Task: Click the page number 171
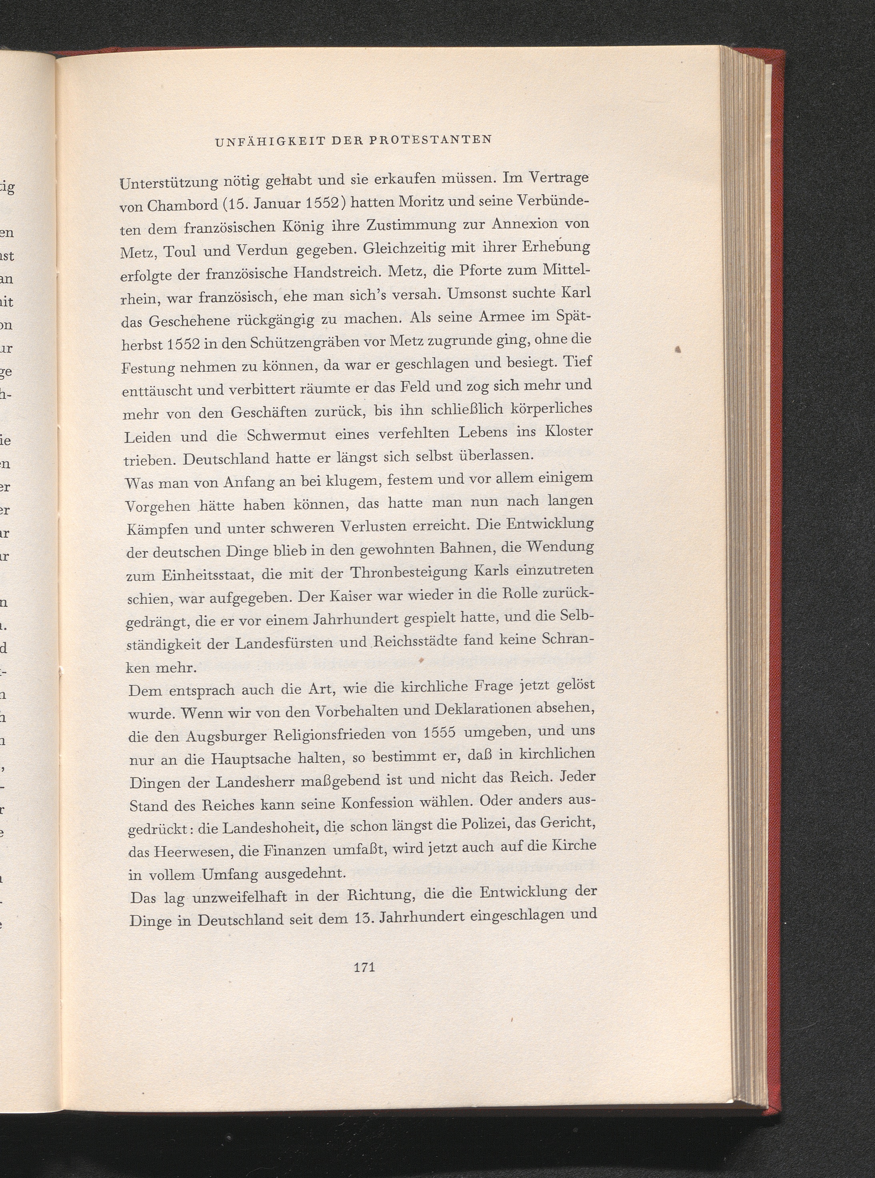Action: click(x=364, y=967)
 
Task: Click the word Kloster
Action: click(x=568, y=431)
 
